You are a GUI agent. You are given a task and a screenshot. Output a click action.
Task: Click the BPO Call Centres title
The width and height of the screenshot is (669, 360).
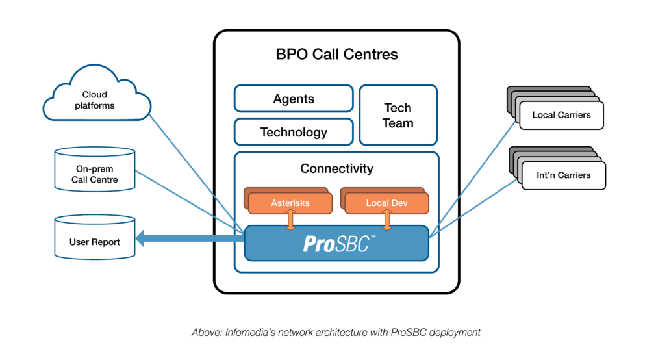tap(336, 54)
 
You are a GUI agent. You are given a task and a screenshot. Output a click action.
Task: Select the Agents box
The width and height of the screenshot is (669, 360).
tap(294, 99)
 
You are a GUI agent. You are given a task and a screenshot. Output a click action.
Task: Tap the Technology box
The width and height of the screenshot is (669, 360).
tap(294, 132)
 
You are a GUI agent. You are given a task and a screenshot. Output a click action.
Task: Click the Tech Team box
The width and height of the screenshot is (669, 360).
tap(398, 115)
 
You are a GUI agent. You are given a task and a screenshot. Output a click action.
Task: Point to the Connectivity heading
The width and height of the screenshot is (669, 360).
tap(336, 168)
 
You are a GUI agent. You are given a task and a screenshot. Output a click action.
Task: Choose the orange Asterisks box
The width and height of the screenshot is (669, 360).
tap(290, 203)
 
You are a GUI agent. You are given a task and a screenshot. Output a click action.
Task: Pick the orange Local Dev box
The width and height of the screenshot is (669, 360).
tap(386, 203)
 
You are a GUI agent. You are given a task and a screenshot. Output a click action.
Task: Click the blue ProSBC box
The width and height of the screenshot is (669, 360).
tap(336, 244)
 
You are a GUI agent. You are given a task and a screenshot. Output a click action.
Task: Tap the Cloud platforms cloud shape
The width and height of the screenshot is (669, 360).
tap(95, 101)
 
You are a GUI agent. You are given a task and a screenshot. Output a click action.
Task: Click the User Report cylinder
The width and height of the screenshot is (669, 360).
tap(95, 242)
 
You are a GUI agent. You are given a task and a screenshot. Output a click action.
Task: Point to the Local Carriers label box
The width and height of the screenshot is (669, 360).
tap(561, 115)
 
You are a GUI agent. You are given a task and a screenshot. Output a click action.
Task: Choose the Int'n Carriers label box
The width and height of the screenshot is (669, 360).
tap(564, 175)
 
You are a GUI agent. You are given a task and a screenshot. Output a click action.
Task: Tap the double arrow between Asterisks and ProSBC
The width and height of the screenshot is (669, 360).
tap(290, 220)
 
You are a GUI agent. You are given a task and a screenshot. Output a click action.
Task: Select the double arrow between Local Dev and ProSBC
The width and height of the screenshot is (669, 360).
tap(387, 220)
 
